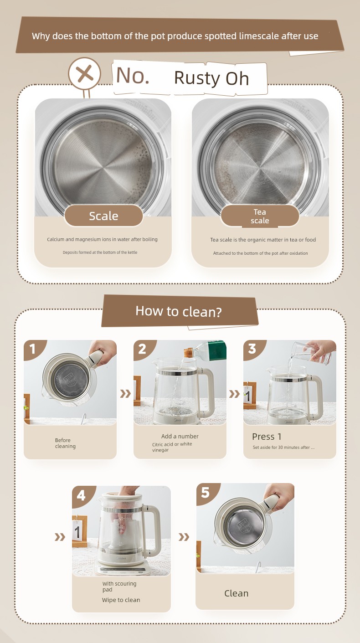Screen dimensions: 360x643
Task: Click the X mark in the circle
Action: pos(85,73)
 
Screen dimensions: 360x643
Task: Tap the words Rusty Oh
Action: pos(211,78)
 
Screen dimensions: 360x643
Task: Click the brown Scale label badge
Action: pos(103,216)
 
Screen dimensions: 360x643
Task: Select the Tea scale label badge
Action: pos(260,216)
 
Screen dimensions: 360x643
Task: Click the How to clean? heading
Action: pos(179,311)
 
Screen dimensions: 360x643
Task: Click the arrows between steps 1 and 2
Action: pos(125,394)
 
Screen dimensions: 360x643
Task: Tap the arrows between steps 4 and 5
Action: pos(184,537)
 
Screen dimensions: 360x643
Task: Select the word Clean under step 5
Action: pos(236,593)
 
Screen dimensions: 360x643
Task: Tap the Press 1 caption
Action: pos(267,437)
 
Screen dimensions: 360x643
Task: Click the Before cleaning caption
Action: pos(66,443)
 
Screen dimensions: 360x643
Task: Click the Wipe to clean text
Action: pos(121,600)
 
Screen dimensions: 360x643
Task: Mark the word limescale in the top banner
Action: pos(259,36)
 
